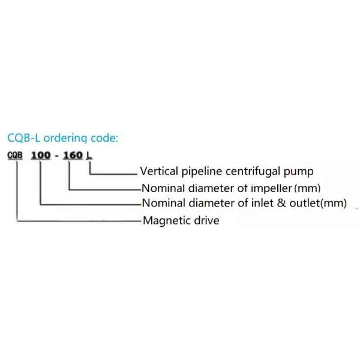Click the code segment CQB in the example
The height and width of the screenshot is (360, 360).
click(x=16, y=155)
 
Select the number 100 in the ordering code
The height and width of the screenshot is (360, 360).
click(x=41, y=155)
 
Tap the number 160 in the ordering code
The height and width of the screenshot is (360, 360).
click(x=72, y=155)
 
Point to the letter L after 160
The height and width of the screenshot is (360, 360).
click(x=89, y=155)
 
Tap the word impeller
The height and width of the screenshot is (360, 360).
click(x=269, y=188)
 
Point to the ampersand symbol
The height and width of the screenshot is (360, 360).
click(x=281, y=203)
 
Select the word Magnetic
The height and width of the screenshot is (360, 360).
click(x=166, y=221)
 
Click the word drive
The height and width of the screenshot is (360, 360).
click(x=206, y=220)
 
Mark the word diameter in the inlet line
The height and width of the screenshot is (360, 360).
click(x=209, y=203)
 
